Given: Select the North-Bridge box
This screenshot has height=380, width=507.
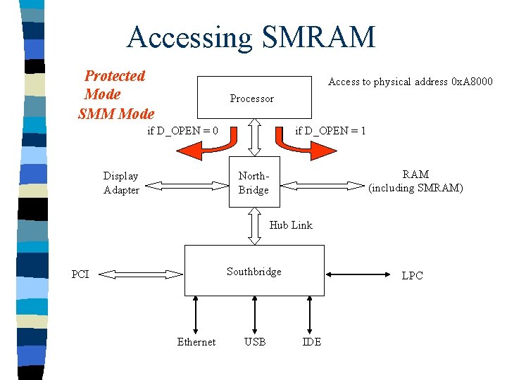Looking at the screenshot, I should [254, 182].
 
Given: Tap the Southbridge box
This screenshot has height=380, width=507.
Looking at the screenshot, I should [254, 271].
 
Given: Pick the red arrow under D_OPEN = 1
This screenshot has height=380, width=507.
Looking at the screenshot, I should [305, 147].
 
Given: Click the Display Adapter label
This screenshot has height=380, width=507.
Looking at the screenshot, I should [121, 182].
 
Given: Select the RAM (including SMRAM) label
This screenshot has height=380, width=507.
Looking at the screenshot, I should [415, 181].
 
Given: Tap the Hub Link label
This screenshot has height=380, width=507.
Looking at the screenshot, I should [291, 225].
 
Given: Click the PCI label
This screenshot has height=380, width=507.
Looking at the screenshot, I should [80, 274].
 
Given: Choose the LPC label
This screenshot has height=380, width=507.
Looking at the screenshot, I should [412, 275].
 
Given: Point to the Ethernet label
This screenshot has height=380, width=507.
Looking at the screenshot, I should [196, 342].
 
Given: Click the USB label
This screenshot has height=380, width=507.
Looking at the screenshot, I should [254, 342].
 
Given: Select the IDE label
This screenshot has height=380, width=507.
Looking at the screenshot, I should [311, 342].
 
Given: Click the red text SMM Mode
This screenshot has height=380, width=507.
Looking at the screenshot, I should [116, 113].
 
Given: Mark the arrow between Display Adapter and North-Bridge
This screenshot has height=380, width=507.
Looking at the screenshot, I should [184, 186].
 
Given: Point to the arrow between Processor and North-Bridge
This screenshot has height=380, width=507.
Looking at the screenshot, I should [255, 137].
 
